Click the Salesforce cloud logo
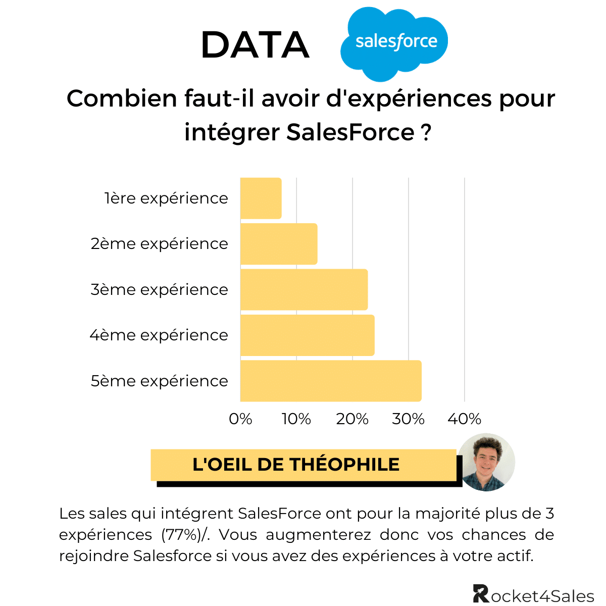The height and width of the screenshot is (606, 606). coord(394,43)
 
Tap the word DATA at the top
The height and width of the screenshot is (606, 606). coord(255,45)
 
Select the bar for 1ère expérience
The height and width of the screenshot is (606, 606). coord(261,198)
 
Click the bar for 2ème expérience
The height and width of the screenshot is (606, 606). coord(279,244)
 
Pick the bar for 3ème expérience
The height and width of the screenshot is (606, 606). coord(304,289)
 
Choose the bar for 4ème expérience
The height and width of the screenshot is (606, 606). coord(307,335)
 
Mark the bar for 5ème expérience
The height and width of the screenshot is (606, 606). coord(331,381)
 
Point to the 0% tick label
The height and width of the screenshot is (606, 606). coord(240,419)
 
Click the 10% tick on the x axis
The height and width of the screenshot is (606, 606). coord(296,419)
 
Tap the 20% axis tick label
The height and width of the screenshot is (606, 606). coord(352,419)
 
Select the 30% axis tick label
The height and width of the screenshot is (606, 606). coord(409,419)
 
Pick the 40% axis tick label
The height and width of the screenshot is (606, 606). coord(465,419)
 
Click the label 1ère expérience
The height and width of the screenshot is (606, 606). coord(166,198)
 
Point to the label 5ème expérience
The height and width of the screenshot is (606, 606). coord(160,381)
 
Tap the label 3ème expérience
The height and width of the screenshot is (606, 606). coord(160,290)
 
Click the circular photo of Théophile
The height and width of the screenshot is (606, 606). coord(487,462)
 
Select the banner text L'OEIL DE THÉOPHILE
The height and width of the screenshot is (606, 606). coord(296,465)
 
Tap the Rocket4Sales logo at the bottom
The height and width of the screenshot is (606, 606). coord(533,594)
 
